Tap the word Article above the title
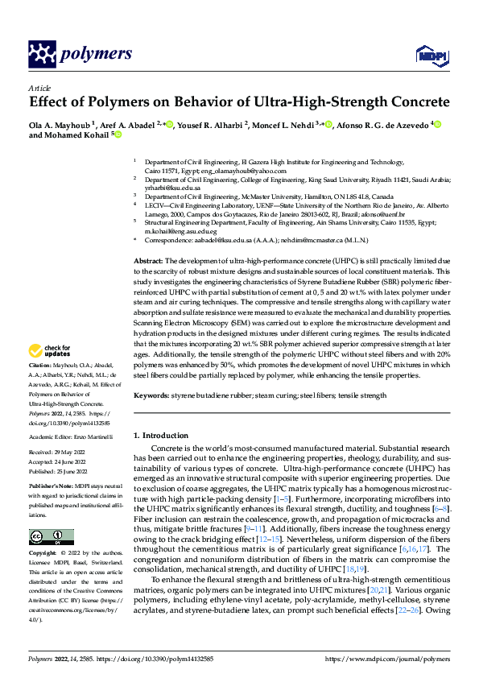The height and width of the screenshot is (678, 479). point(39,89)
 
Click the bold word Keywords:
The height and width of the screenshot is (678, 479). point(152,395)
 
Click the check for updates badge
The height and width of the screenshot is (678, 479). point(50,350)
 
